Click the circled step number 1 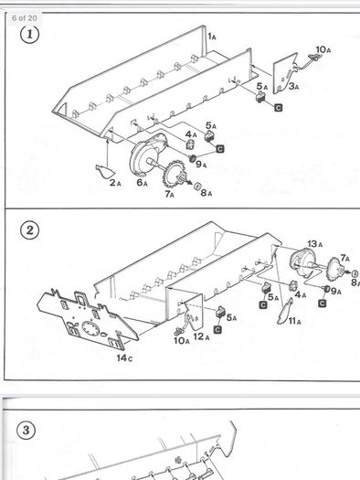[x=29, y=35]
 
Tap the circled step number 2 [x=29, y=229]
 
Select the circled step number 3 [x=26, y=430]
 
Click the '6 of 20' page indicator [x=24, y=17]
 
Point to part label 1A [x=212, y=37]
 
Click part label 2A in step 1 [x=115, y=183]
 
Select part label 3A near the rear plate [x=293, y=86]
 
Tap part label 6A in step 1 [x=143, y=183]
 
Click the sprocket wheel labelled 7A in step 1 [x=174, y=173]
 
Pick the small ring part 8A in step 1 [x=197, y=186]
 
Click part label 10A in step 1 [x=323, y=49]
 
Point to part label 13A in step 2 [x=314, y=244]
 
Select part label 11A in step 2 [x=294, y=321]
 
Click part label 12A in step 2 [x=201, y=336]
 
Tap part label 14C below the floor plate [x=124, y=357]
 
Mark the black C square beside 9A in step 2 [x=322, y=303]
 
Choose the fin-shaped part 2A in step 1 [x=105, y=171]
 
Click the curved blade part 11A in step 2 [x=285, y=311]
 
